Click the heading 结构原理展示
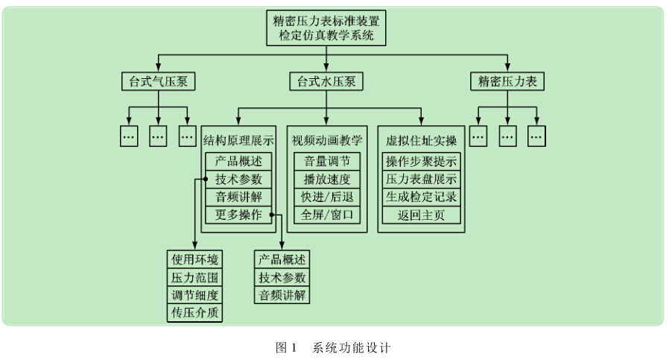pos(238,139)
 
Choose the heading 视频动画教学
pos(327,139)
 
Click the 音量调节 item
pos(327,161)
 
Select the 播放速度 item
pos(327,179)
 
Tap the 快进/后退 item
pos(327,197)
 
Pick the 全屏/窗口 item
pos(327,215)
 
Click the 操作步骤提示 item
pos(421,161)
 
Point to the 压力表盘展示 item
pos(421,179)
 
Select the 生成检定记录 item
pos(421,197)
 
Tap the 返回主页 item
pos(421,215)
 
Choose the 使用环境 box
pos(195,259)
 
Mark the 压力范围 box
pos(195,277)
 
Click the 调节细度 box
pos(195,295)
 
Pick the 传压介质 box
pos(195,313)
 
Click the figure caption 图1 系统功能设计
pos(333,347)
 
